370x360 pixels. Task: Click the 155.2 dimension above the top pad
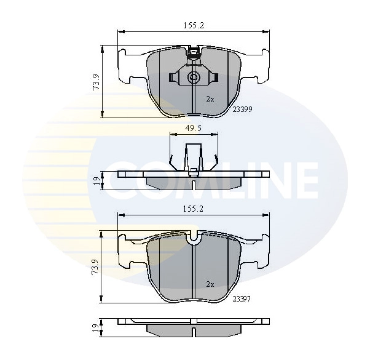tap(194, 25)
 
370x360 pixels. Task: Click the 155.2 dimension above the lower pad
tap(193, 209)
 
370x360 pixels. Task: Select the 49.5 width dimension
tap(193, 129)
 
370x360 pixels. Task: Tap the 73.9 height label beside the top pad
tap(96, 82)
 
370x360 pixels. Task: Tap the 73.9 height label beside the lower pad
tap(95, 266)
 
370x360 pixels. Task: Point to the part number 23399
tap(242, 110)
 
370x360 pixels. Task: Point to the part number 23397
tap(242, 299)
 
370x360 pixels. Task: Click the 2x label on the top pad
tap(210, 99)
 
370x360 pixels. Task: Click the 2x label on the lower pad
tap(210, 284)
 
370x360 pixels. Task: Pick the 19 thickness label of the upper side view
tap(96, 181)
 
